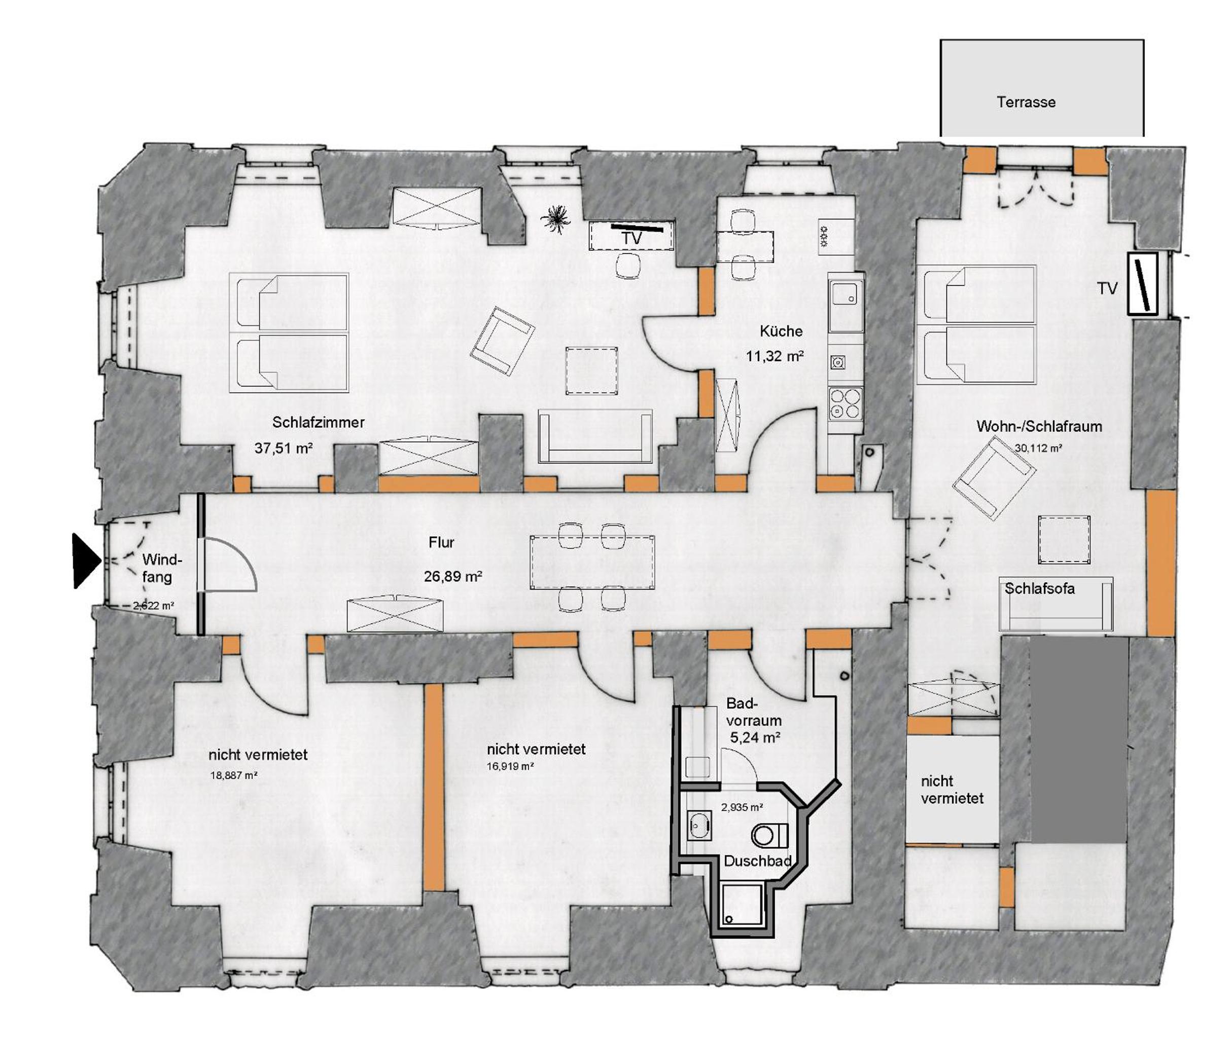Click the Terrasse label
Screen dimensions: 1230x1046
(1026, 102)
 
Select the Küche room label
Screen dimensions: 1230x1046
(781, 331)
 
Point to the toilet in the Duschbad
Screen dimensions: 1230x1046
(769, 836)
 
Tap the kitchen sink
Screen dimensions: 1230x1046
(845, 306)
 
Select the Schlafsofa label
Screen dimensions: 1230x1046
(1039, 589)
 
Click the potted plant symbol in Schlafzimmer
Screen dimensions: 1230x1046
(555, 219)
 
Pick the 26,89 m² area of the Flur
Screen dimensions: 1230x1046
(453, 576)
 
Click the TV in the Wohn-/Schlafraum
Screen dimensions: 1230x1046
(1142, 284)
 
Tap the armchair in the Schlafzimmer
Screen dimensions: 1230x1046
(502, 341)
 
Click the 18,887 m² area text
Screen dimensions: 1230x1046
(234, 775)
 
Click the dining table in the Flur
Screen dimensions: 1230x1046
(591, 562)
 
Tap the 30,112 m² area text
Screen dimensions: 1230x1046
(1038, 449)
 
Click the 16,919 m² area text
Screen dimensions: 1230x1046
(510, 766)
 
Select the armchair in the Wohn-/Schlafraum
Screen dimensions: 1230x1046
(993, 478)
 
